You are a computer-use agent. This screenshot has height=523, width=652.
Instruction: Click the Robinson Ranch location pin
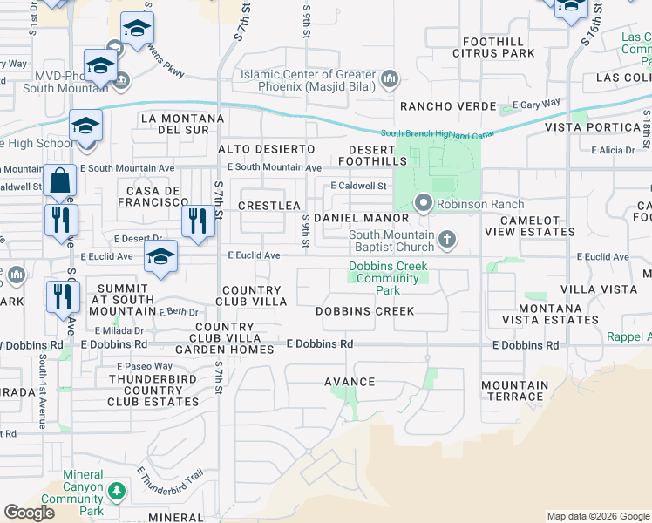pyautogui.click(x=424, y=203)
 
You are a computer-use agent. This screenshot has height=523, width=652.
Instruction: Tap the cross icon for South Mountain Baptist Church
pyautogui.click(x=446, y=239)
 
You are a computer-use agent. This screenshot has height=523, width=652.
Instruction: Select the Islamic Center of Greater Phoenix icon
pyautogui.click(x=389, y=80)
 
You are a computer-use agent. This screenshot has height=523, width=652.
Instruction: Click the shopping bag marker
pyautogui.click(x=60, y=182)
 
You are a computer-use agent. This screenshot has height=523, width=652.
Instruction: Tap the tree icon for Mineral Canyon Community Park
pyautogui.click(x=116, y=493)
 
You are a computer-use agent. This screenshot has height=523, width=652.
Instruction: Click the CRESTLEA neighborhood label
pyautogui.click(x=268, y=205)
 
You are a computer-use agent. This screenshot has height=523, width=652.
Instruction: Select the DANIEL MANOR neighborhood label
pyautogui.click(x=361, y=217)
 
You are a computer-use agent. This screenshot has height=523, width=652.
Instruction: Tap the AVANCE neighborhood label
pyautogui.click(x=349, y=382)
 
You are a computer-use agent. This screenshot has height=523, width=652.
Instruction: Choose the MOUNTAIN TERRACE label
pyautogui.click(x=514, y=391)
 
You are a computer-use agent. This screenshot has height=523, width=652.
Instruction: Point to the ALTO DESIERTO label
pyautogui.click(x=257, y=149)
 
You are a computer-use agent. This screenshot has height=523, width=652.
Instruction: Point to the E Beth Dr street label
pyautogui.click(x=180, y=311)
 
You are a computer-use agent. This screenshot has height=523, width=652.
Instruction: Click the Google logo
pyautogui.click(x=30, y=513)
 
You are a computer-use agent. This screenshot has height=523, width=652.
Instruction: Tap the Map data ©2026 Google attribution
pyautogui.click(x=597, y=516)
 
